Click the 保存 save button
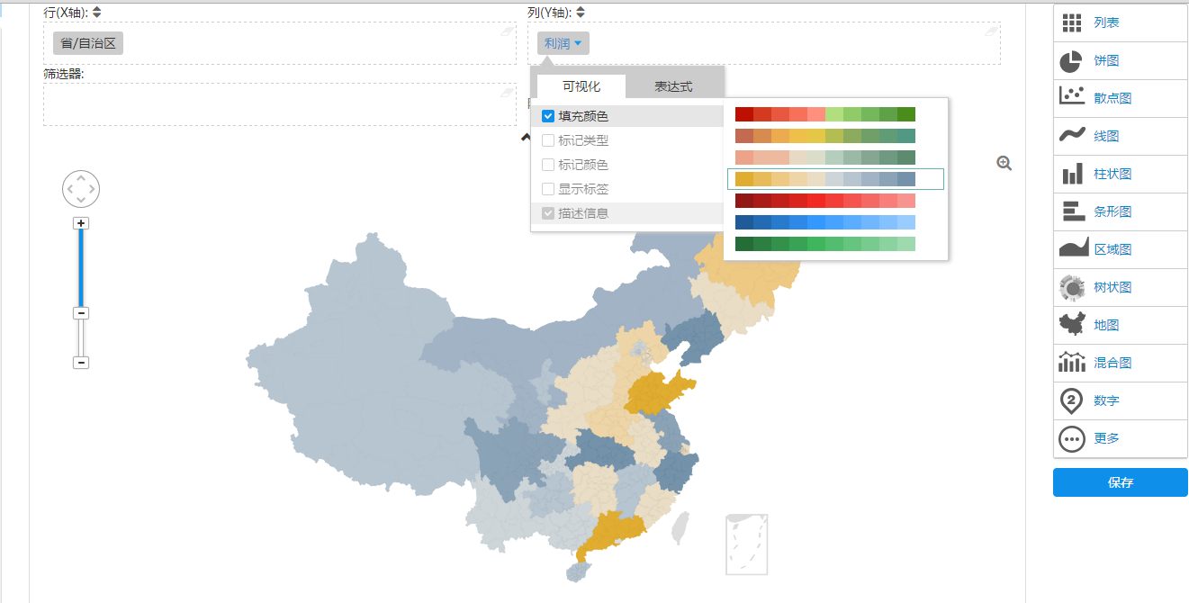(1120, 482)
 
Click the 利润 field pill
(563, 43)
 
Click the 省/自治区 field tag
(88, 43)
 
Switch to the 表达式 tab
(673, 86)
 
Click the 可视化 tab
(581, 86)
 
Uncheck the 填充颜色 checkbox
(548, 116)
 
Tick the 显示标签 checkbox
(548, 189)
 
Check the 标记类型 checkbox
(548, 140)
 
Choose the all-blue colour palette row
(824, 222)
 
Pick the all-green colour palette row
(824, 244)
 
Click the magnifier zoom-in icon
(1004, 163)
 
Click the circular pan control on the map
(81, 189)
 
